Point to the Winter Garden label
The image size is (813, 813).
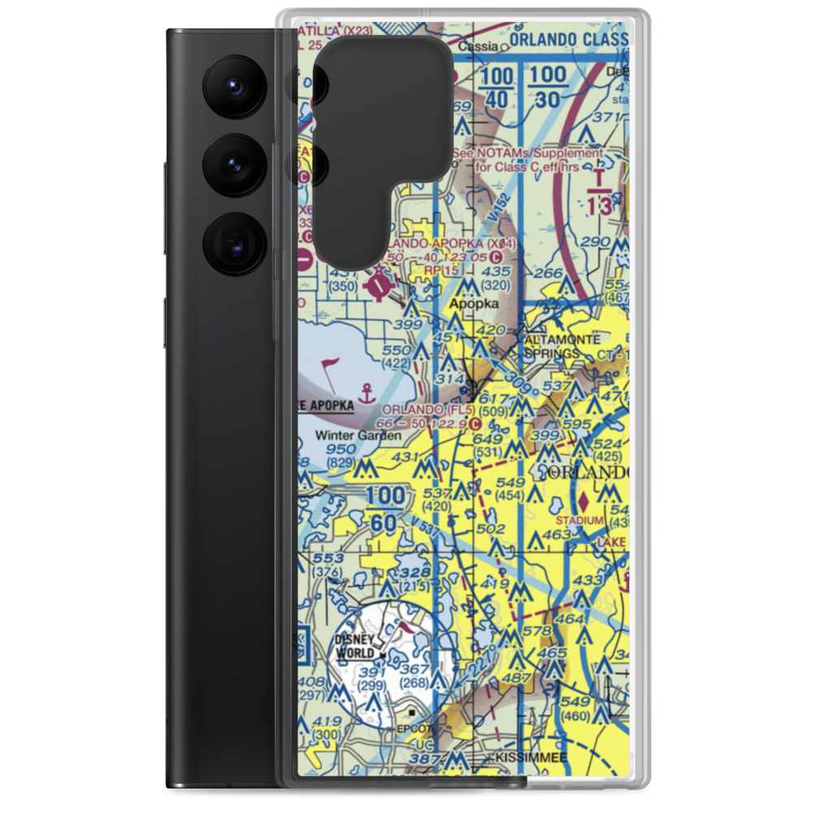click(358, 436)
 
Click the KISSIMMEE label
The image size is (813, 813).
click(532, 758)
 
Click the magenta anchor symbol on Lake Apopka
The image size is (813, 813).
click(367, 391)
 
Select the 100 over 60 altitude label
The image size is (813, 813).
click(384, 509)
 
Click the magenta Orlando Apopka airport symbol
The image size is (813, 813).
click(380, 284)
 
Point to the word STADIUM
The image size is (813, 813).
click(580, 520)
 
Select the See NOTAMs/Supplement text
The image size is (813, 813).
click(528, 153)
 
